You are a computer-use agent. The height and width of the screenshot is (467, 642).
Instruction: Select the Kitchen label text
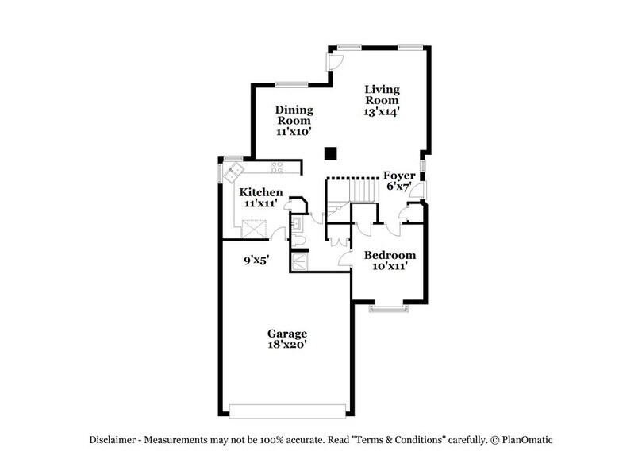point(261,192)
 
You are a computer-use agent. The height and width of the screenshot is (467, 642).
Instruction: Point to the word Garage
point(286,333)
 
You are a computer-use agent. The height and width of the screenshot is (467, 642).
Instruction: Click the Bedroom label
point(390,255)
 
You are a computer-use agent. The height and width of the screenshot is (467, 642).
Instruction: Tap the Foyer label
point(399,175)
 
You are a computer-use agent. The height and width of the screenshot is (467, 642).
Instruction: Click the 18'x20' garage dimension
point(286,345)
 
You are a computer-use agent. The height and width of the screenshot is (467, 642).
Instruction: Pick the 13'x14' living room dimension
point(382,112)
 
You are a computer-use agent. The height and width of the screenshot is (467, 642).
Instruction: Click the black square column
point(332,153)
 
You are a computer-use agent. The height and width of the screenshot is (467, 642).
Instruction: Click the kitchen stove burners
point(278,168)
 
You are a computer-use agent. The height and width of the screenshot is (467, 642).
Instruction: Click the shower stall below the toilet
point(301,261)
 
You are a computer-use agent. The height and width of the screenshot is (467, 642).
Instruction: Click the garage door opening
point(288,410)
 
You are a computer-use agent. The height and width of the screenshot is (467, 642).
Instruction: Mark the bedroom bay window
point(390,307)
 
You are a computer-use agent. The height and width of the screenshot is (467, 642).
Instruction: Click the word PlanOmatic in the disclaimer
point(527,440)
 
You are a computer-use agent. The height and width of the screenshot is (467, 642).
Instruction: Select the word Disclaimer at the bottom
point(114,440)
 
